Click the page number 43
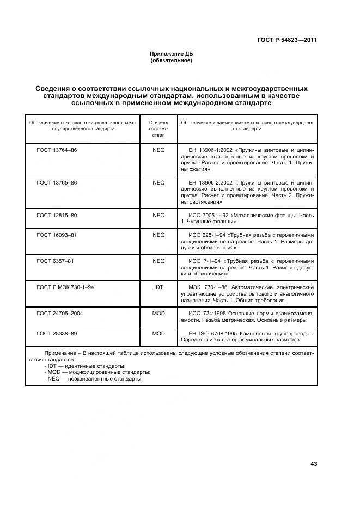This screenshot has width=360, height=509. [x=313, y=464]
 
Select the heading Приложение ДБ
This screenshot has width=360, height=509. [x=171, y=53]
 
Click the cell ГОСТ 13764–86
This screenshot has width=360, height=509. [x=57, y=150]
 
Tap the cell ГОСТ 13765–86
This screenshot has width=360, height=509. [x=57, y=182]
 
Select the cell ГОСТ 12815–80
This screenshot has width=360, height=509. [x=57, y=215]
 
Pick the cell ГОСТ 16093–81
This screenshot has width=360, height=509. [x=57, y=235]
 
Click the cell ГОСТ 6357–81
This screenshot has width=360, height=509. [x=55, y=261]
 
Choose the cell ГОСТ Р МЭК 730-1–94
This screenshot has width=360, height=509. [x=65, y=287]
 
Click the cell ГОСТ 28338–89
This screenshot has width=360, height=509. [x=57, y=333]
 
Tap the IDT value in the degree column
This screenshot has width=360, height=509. [x=158, y=287]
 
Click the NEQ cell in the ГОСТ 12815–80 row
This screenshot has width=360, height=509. [x=158, y=215]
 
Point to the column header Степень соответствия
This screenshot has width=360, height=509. [x=158, y=129]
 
